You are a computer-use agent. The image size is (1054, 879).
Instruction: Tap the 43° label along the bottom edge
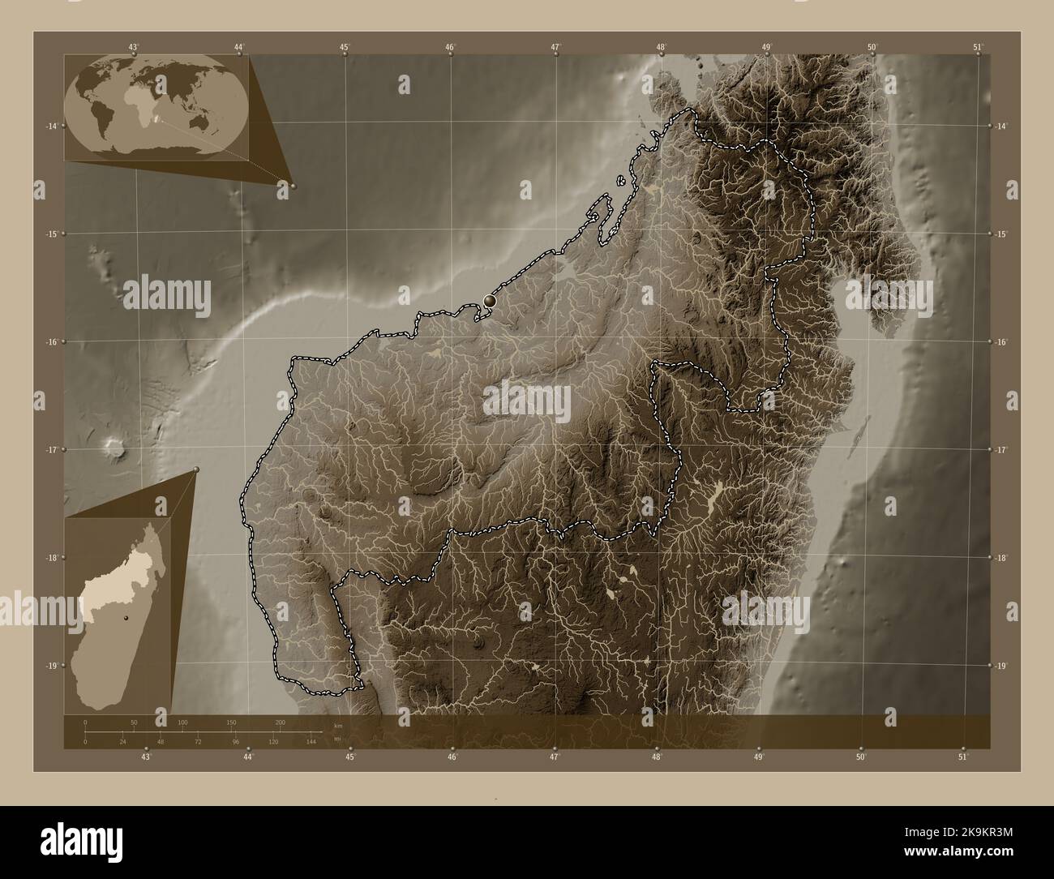pos(146,757)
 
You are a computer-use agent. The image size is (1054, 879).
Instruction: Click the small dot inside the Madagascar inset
pos(126,619)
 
